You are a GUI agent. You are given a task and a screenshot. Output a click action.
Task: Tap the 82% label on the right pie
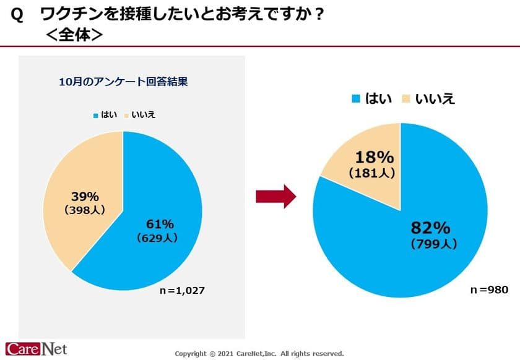click(x=433, y=228)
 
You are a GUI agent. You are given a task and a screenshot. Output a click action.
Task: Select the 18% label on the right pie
click(x=371, y=158)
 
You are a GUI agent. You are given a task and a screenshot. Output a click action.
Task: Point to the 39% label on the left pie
click(x=85, y=197)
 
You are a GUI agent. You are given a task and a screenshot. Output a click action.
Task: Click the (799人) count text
click(x=433, y=244)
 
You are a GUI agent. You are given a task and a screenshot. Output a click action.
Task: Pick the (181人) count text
click(x=371, y=174)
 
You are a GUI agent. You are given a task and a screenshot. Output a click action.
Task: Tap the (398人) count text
click(x=85, y=210)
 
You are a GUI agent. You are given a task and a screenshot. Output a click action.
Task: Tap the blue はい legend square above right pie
click(x=356, y=99)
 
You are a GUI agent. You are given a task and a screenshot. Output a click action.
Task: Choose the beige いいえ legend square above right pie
click(x=407, y=99)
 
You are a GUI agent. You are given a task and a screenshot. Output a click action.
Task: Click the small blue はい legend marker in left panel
click(x=95, y=115)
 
